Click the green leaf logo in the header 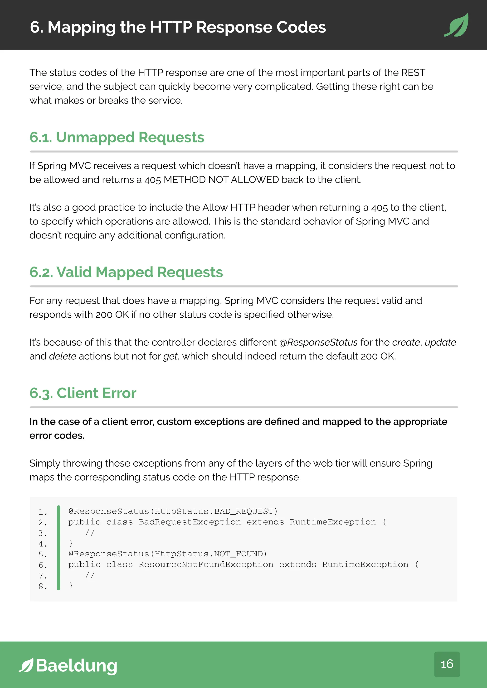click(x=456, y=25)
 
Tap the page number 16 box click(x=447, y=664)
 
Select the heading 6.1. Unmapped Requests click(x=117, y=138)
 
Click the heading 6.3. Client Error click(x=83, y=393)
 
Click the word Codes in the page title click(x=301, y=27)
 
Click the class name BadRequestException click(x=190, y=522)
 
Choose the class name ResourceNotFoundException click(x=206, y=564)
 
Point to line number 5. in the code click(x=43, y=555)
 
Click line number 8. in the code click(x=43, y=586)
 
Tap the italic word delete click(x=62, y=356)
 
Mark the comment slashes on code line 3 click(x=90, y=533)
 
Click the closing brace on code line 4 click(x=71, y=543)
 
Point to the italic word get click(x=170, y=357)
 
